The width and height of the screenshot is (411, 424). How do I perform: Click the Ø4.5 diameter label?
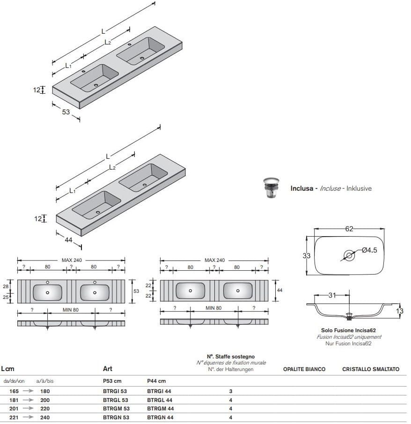coord(369,250)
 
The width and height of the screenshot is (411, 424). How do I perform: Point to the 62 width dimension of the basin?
coord(349,229)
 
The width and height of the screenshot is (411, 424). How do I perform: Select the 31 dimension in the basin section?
coord(331,295)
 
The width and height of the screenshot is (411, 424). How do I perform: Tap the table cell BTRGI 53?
coord(115,391)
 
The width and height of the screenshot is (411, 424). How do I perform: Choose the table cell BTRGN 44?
coord(160,417)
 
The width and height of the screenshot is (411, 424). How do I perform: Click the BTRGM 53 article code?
coord(116,409)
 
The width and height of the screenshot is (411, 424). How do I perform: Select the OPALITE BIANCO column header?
coord(304,369)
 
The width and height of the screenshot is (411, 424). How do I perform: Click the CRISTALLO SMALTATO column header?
coord(371,369)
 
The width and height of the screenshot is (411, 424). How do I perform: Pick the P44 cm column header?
coord(156,381)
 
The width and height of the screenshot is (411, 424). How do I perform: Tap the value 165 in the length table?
coord(14,391)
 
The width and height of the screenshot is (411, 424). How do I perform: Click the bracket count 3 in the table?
coord(230,391)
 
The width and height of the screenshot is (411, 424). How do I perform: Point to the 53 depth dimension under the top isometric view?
coord(66,112)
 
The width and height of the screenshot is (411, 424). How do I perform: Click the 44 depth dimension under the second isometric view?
coord(68,240)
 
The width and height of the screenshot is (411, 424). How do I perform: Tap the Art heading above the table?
coord(108,369)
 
